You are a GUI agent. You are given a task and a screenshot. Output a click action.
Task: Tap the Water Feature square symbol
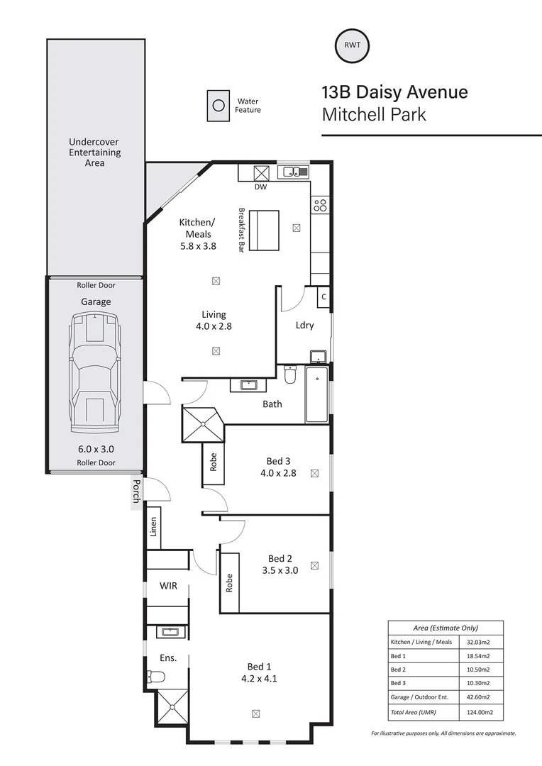(x=219, y=106)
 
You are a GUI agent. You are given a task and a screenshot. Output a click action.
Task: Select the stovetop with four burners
(x=319, y=206)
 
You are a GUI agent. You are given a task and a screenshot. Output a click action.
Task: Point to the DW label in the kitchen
(x=260, y=187)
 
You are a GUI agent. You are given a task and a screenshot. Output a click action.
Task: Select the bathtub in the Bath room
(x=316, y=394)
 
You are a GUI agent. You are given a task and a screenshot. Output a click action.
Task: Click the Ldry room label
(x=304, y=326)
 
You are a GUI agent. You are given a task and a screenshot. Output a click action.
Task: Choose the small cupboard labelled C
(x=323, y=296)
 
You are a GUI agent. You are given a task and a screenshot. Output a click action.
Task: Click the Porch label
(x=136, y=492)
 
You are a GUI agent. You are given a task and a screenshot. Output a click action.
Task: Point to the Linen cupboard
(x=153, y=526)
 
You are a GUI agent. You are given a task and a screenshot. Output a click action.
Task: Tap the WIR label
(x=168, y=586)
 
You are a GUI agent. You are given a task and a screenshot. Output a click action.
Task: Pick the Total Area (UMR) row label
(x=413, y=711)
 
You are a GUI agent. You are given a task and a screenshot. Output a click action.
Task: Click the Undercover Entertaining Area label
(x=95, y=152)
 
